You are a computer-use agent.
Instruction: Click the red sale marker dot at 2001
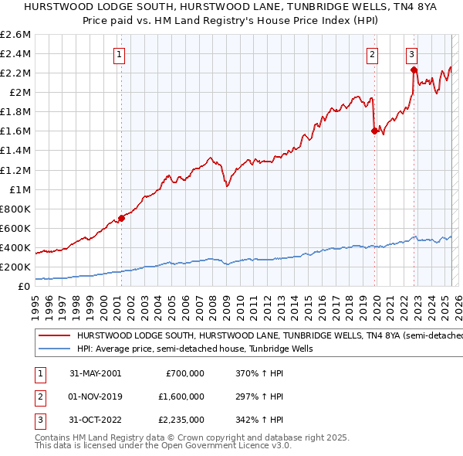121,218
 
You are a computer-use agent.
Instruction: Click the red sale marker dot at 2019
374,131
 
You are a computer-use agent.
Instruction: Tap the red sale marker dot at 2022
414,70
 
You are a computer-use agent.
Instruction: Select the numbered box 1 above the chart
121,54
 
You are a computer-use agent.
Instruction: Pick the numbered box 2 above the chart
372,54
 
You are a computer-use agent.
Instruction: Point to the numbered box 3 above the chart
412,54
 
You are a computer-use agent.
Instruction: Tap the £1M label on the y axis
20,189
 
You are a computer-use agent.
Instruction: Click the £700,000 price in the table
185,373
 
